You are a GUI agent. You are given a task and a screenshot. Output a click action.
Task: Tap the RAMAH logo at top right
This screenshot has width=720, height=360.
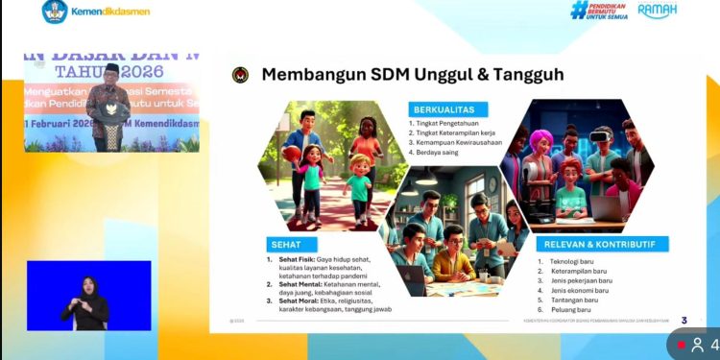pyautogui.click(x=658, y=11)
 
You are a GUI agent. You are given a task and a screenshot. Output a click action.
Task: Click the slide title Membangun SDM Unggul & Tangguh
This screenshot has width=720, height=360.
pyautogui.click(x=413, y=75)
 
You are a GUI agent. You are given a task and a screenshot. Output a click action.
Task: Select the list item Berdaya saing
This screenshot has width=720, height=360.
pyautogui.click(x=437, y=153)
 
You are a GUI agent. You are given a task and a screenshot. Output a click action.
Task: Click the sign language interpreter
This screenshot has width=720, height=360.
pyautogui.click(x=89, y=301)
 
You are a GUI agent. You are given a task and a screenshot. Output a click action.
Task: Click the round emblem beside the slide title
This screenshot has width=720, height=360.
pyautogui.click(x=240, y=75)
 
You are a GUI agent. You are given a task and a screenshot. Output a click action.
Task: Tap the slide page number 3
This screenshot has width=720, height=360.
pyautogui.click(x=684, y=320)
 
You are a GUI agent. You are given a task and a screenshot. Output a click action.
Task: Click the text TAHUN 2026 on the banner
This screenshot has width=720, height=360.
pyautogui.click(x=108, y=72)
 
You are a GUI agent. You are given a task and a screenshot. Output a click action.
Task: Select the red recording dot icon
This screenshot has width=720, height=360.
pyautogui.click(x=681, y=345)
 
